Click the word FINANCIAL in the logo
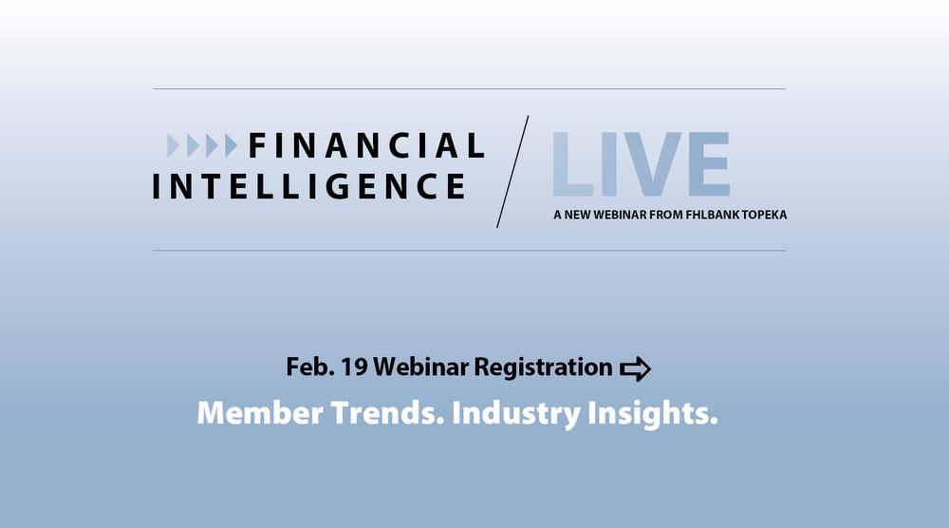pos(366,145)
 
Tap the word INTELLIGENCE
pos(309,185)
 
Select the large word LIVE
pos(641,164)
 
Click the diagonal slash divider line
pos(512,171)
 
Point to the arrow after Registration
pos(635,368)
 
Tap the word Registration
pos(543,368)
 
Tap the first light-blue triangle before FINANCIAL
pos(173,145)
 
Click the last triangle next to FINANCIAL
pos(231,145)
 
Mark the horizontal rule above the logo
pos(470,89)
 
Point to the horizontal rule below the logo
pos(470,251)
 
